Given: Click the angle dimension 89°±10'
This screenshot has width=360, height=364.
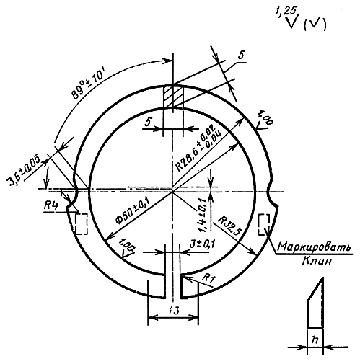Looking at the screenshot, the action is coord(88,84).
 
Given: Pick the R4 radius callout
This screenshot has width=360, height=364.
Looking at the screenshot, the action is coord(51,205).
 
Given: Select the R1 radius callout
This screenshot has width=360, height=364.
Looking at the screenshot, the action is coord(208,278).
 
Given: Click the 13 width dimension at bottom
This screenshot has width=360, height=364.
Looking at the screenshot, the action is coord(174,311).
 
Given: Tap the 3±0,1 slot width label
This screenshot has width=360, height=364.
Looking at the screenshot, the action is coord(202,244).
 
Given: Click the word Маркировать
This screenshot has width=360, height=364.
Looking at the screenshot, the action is coord(314,247).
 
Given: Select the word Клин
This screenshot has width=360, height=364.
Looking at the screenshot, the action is coord(317,261).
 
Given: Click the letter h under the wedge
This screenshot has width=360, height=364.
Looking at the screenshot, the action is coord(315,339).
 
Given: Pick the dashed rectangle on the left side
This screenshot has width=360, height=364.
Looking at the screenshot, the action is coord(82,224).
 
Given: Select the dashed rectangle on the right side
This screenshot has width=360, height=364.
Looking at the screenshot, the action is coord(264,224).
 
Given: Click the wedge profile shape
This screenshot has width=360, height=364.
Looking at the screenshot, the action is coord(315,303).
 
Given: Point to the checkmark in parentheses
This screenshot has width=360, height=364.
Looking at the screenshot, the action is coord(315,24).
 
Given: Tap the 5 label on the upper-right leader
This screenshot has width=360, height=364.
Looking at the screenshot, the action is coord(240,56).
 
